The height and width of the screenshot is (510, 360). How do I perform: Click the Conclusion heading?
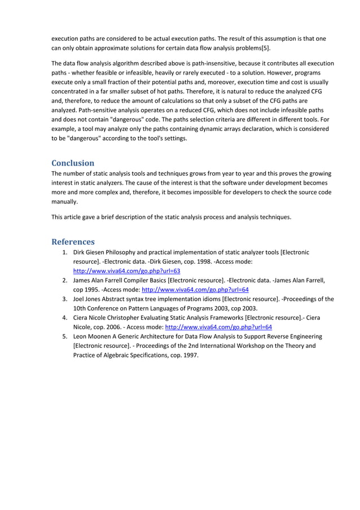pyautogui.click(x=73, y=163)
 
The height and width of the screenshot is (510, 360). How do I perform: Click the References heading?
pyautogui.click(x=73, y=241)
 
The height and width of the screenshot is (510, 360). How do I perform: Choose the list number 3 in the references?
pyautogui.click(x=65, y=299)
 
